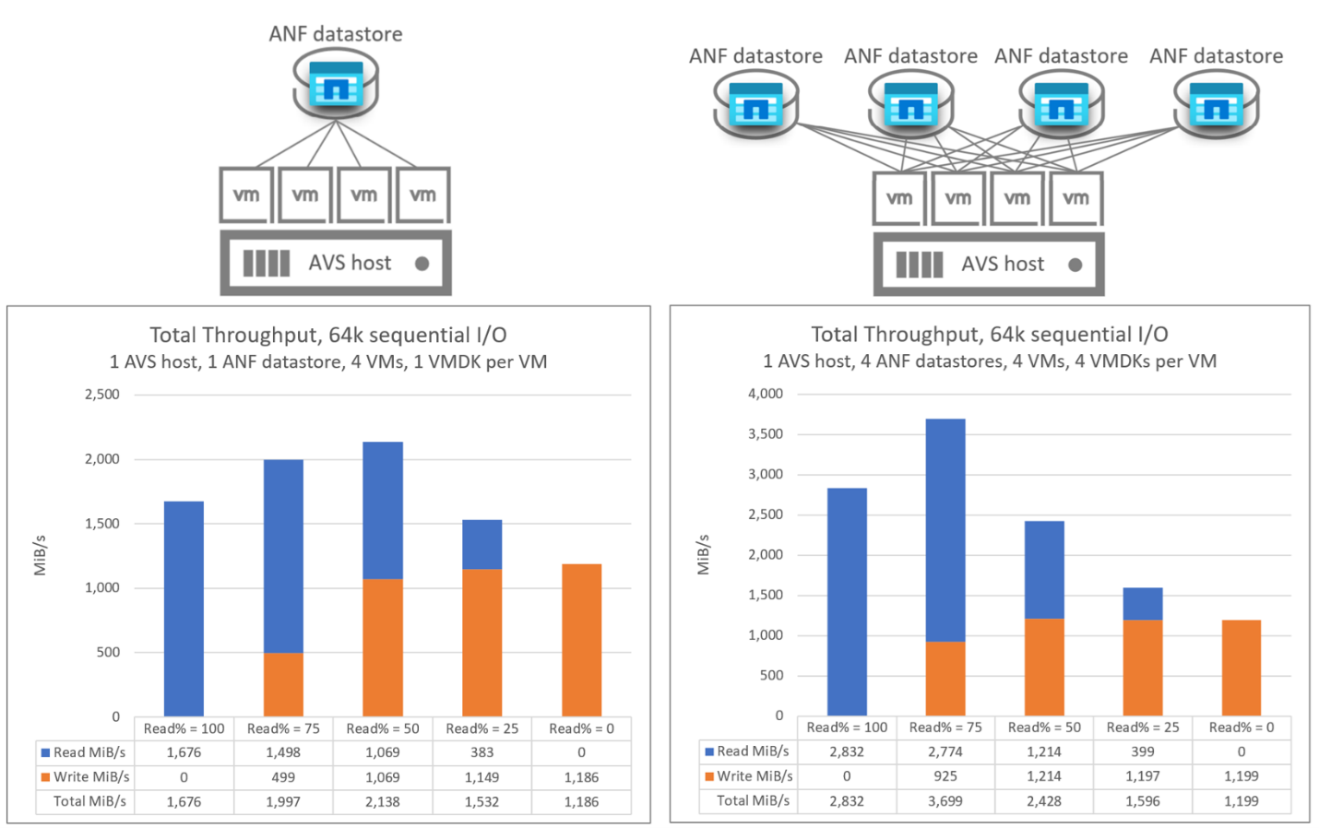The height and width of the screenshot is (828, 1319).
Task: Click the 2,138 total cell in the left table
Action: coord(382,801)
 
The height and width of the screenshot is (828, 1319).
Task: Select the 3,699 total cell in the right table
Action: coord(945,800)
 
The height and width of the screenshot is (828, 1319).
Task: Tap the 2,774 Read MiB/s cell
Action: coord(945,751)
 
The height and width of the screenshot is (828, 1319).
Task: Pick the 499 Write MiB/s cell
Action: coord(283,777)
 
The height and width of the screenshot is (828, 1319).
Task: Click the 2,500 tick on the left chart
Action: coord(102,395)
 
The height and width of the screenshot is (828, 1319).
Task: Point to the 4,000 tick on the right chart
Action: coord(766,394)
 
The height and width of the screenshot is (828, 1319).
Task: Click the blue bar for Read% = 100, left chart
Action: coord(184,609)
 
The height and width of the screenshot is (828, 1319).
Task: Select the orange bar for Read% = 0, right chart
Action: coord(1241,668)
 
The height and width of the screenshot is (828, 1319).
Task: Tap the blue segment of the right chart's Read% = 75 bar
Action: coord(945,530)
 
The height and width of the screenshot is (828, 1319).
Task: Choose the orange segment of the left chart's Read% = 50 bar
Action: coord(382,647)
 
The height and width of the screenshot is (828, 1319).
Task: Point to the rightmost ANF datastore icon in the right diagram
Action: coord(1216,106)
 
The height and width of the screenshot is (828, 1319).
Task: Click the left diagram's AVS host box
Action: coord(336,264)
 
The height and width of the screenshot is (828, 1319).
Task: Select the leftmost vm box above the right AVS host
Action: coord(898,198)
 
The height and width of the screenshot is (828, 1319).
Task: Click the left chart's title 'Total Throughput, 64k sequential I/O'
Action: coord(328,335)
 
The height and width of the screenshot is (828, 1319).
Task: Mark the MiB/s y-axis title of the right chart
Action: coord(704,554)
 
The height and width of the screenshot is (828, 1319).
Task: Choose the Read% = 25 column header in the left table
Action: coord(481,728)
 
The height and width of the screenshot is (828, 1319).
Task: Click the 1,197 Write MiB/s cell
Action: coord(1142,776)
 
